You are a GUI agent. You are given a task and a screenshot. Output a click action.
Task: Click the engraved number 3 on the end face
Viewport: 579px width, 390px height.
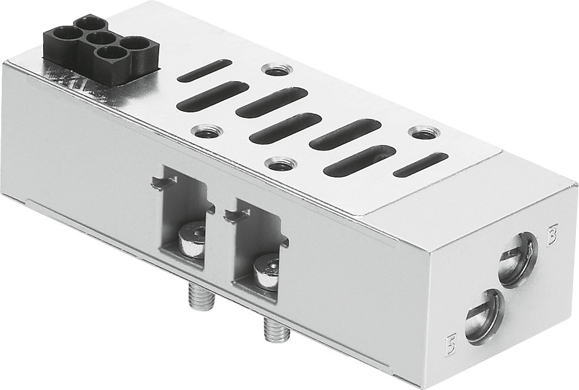pos(553,235)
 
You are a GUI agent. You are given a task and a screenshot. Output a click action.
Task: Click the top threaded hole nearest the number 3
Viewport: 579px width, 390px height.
pos(421,133)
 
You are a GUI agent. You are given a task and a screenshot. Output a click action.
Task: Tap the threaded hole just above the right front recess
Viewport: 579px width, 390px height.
pos(281,164)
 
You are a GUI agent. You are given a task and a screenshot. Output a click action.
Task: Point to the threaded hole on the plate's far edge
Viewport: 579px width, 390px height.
pos(272,69)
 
